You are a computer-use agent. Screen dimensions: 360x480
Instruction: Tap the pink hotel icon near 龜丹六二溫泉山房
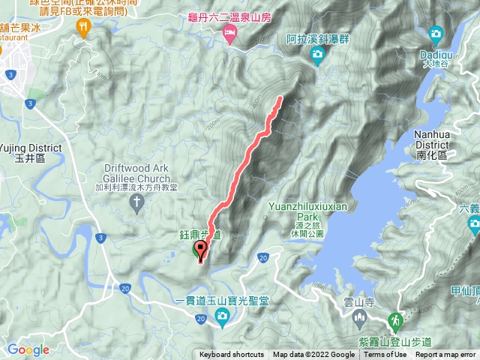(230, 31)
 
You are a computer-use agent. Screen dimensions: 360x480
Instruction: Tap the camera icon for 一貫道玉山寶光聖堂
(222, 319)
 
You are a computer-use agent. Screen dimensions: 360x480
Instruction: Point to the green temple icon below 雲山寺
(359, 320)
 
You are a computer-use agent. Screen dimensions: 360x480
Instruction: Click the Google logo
(28, 349)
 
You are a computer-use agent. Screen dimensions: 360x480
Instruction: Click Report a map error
(445, 355)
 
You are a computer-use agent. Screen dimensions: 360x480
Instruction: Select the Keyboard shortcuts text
(231, 355)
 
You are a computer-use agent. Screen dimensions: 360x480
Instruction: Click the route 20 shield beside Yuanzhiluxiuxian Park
(262, 258)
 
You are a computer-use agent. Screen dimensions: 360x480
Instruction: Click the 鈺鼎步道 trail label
(200, 235)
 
